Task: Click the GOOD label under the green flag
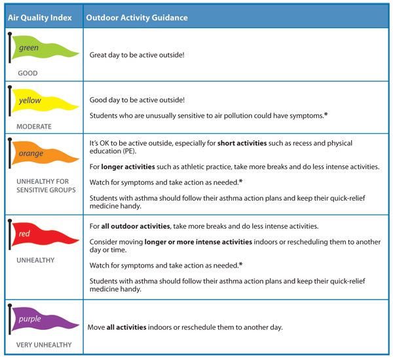(x=28, y=73)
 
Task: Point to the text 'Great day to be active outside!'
(x=137, y=55)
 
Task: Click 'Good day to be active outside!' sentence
(x=137, y=100)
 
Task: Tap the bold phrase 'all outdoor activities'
(x=136, y=227)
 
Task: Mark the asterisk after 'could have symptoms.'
(x=326, y=115)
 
